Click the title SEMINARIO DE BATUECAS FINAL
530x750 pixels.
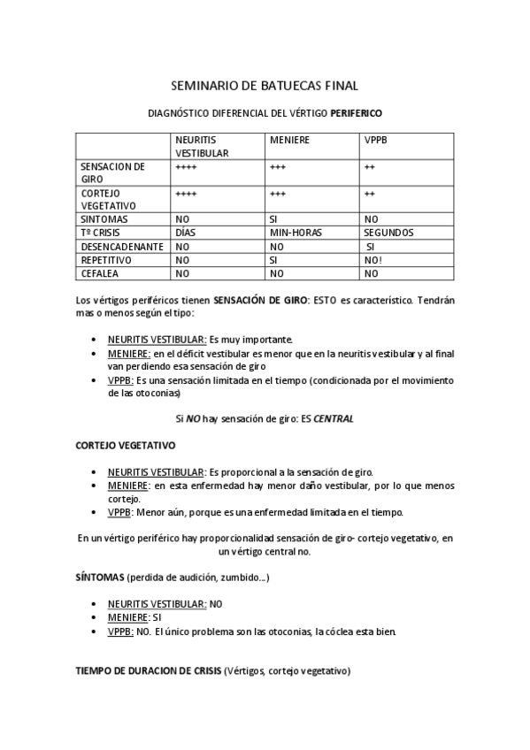[x=264, y=86]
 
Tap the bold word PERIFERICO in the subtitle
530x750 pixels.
[x=357, y=114]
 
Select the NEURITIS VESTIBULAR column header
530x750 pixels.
[x=202, y=146]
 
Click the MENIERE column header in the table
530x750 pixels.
[x=288, y=140]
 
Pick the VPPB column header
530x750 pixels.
[x=377, y=140]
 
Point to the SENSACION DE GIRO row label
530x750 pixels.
[x=111, y=172]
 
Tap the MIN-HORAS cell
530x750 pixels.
[x=296, y=233]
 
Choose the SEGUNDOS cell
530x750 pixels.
[x=388, y=233]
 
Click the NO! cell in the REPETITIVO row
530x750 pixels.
[x=373, y=261]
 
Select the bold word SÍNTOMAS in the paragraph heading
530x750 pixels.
[x=99, y=578]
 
